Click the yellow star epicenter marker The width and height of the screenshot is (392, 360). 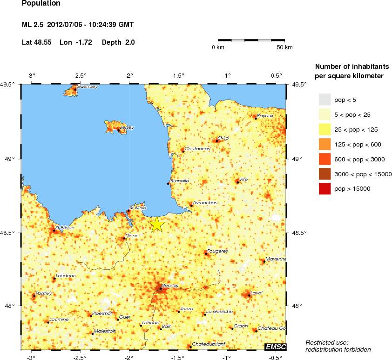coord(157,224)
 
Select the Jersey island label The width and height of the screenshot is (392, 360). coord(127,127)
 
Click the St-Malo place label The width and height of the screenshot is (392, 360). coord(138,207)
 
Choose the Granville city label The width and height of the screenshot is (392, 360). coord(179,180)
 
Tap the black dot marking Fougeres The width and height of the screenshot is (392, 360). coord(206,254)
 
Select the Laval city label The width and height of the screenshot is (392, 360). coord(257,293)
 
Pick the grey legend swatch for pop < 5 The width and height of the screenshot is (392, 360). coord(324,100)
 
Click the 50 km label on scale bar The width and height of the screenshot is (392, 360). coord(284,47)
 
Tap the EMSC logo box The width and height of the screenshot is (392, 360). coord(275,347)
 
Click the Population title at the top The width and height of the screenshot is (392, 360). coord(41,3)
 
